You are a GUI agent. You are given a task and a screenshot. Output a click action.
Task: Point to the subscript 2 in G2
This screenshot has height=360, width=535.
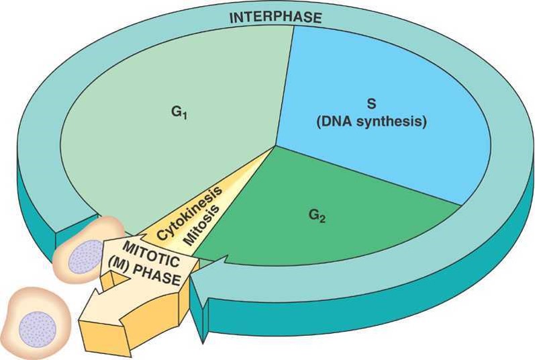point(323,219)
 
